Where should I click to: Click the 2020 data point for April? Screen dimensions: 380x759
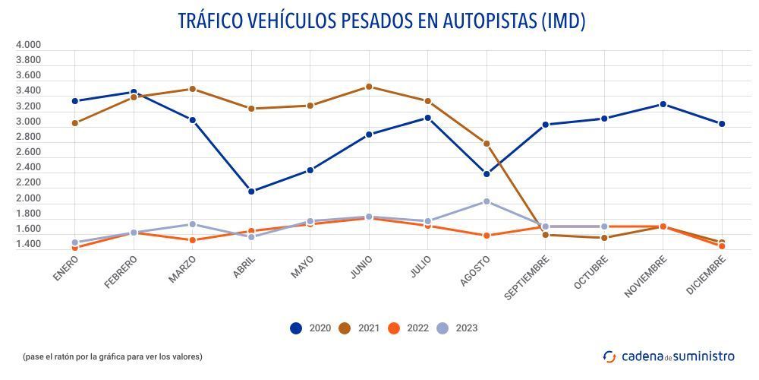pos(251,191)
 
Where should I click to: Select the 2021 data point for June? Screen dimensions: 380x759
pos(369,87)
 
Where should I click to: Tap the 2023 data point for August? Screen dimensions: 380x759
pos(487,201)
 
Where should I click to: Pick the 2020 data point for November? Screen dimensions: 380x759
pos(663,104)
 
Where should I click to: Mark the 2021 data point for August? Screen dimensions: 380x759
pos(487,144)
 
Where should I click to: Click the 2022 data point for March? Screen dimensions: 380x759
pos(193,240)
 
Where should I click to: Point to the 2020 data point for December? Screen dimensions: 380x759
pos(722,124)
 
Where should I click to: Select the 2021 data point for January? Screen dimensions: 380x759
pos(75,123)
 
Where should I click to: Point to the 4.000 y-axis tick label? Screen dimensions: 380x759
pos(28,45)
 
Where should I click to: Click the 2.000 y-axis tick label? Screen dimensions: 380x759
pos(28,198)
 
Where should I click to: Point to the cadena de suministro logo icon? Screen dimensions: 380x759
pos(609,356)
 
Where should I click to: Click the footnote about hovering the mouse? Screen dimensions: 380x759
pos(112,356)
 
